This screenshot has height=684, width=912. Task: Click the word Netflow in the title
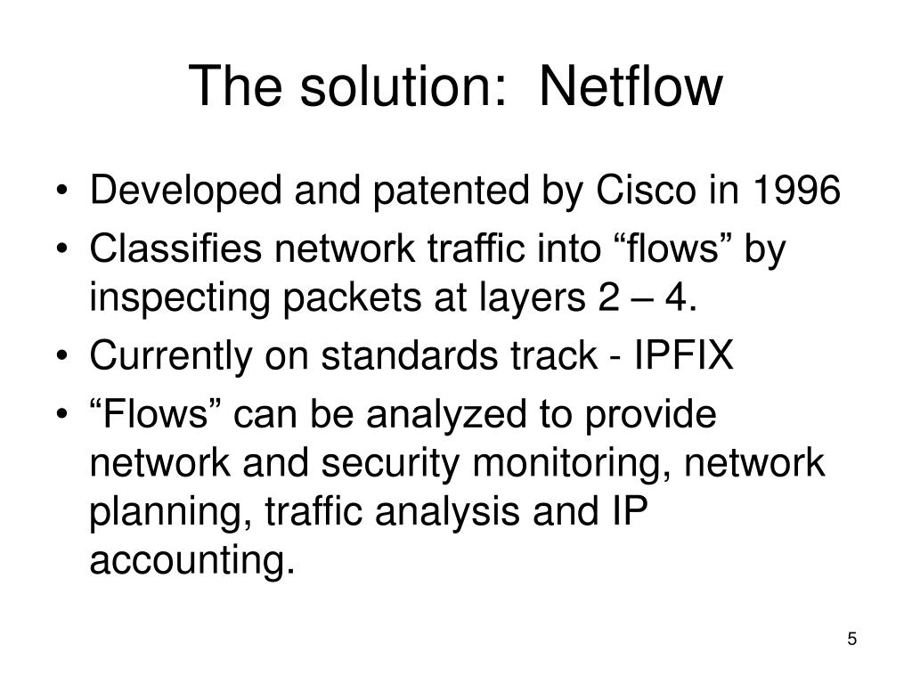pyautogui.click(x=631, y=86)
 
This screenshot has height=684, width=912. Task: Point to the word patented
pyautogui.click(x=441, y=191)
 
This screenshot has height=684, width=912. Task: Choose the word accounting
pyautogui.click(x=191, y=563)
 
